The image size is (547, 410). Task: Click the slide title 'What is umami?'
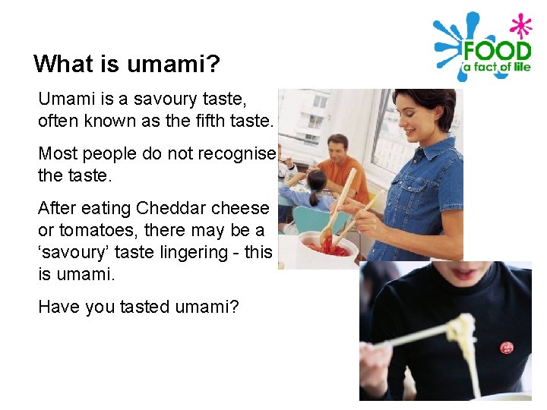pos(127,63)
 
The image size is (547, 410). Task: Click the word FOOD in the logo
pos(498,52)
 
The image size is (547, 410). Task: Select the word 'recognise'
pos(236,153)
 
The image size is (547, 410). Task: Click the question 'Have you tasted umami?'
pos(138,307)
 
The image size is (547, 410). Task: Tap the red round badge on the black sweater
pos(507,348)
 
